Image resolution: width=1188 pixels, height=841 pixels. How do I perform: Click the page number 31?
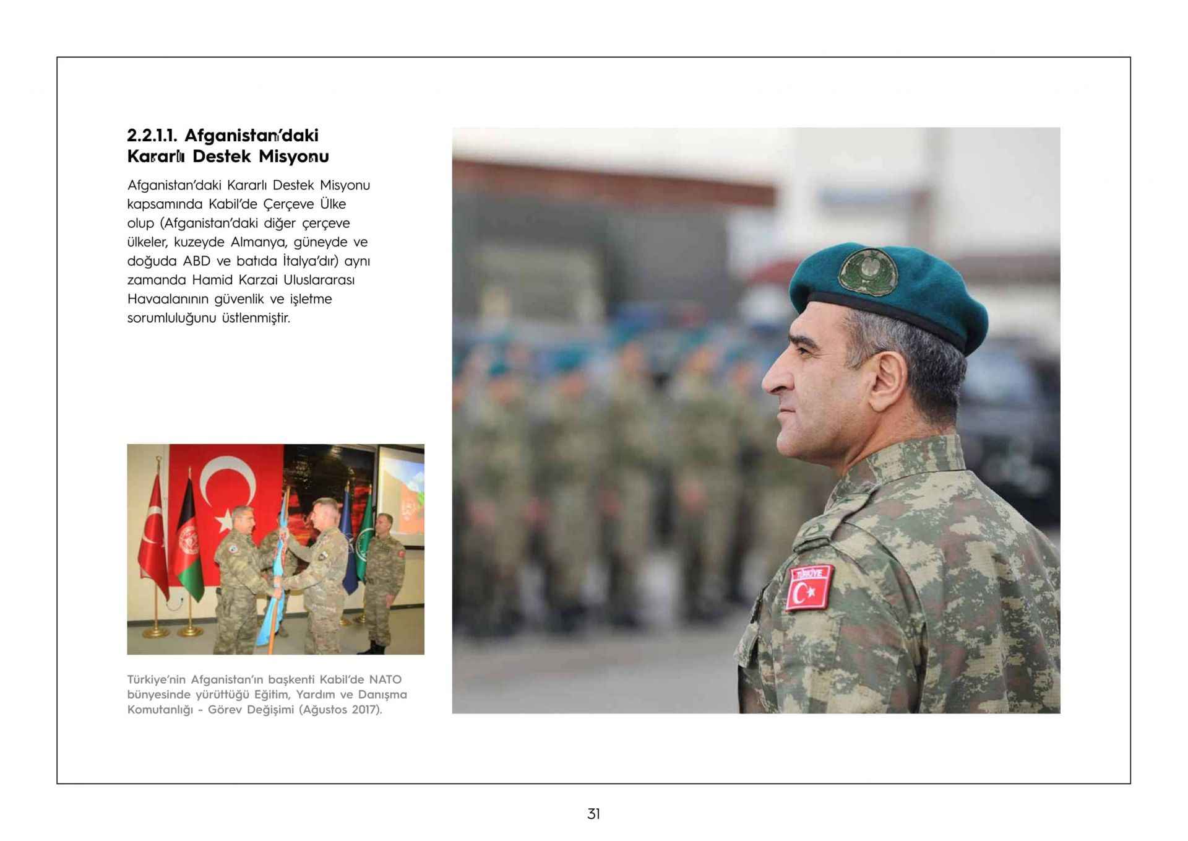(593, 814)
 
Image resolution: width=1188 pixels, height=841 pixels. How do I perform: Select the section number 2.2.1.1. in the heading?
(152, 135)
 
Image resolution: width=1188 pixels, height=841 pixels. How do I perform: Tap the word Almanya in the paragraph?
(254, 242)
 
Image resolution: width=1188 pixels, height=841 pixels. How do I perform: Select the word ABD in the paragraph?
(197, 261)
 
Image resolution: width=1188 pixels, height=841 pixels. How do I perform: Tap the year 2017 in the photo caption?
(363, 710)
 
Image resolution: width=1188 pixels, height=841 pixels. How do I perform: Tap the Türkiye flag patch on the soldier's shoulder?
(809, 588)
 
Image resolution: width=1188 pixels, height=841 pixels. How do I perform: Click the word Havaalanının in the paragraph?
(168, 299)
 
